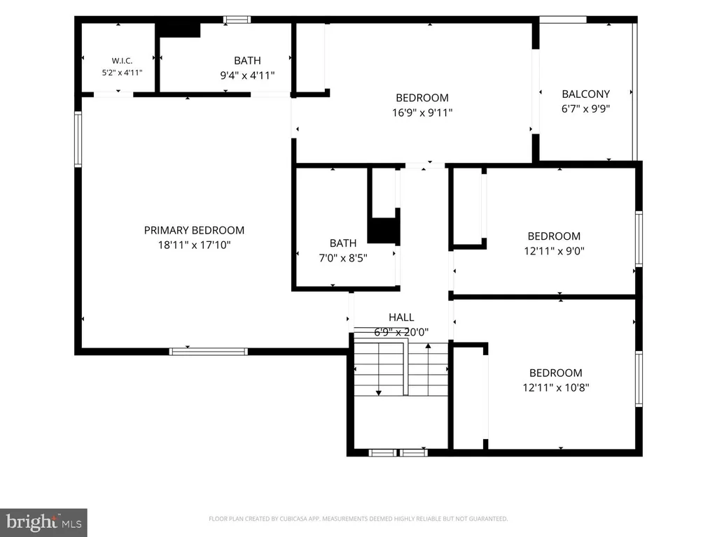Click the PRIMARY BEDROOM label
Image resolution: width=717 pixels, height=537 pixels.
tap(194, 230)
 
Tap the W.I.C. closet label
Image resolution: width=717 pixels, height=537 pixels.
tap(122, 61)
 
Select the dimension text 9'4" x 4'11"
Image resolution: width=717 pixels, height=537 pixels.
tap(247, 76)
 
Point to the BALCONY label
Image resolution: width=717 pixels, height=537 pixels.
tap(586, 94)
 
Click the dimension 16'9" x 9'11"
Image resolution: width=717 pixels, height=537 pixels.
tap(422, 113)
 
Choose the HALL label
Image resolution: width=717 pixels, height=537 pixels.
tap(401, 317)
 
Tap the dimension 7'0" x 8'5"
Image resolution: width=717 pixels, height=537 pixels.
tap(343, 258)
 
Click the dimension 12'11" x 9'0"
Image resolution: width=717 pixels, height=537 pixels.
tap(554, 251)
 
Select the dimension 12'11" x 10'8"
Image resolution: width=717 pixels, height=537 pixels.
tap(555, 387)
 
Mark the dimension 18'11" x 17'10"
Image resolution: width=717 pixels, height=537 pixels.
tap(194, 245)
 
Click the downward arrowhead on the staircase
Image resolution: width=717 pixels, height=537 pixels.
tap(379, 393)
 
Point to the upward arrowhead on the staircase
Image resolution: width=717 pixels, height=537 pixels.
tap(428, 346)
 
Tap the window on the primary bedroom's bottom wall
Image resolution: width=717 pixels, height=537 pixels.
tap(208, 352)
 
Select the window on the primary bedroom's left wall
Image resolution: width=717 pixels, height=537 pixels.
tap(78, 139)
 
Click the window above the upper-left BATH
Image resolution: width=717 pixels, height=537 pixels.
tap(237, 20)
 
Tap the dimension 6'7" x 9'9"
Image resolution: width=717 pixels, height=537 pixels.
tap(586, 108)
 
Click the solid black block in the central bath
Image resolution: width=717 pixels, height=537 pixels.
tap(383, 231)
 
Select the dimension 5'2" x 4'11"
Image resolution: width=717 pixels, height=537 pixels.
tap(122, 73)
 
